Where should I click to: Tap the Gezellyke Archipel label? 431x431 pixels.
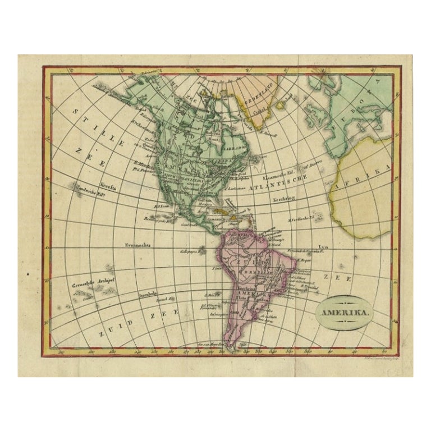coord(89,285)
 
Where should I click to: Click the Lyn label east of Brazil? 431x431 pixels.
coord(323,247)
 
